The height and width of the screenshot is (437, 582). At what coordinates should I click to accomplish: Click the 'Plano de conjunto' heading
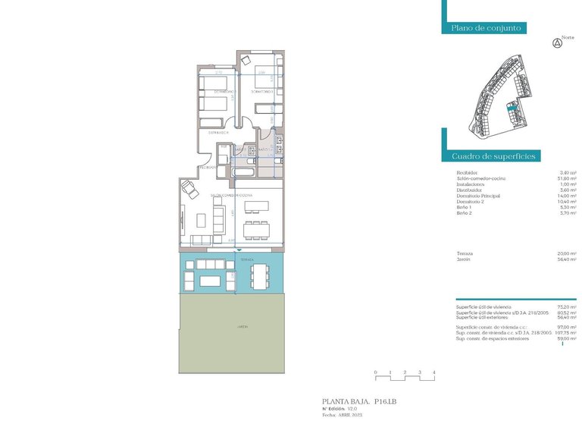pos(486,28)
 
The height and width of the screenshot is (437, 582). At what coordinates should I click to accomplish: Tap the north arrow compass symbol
pos(558,43)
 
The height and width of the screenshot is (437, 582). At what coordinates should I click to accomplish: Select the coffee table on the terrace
pos(210,281)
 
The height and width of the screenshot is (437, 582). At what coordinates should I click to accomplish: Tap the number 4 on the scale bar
pos(433,373)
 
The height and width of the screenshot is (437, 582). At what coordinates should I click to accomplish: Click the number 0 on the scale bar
pos(375,373)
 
